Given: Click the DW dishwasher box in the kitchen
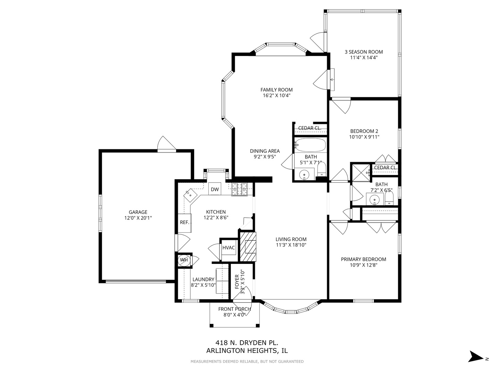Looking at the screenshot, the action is pyautogui.click(x=215, y=189).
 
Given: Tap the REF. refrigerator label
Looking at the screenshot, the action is pyautogui.click(x=184, y=223).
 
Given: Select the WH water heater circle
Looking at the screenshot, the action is pyautogui.click(x=183, y=260).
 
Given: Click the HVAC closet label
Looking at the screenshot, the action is pyautogui.click(x=228, y=248).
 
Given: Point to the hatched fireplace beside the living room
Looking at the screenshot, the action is pyautogui.click(x=248, y=247).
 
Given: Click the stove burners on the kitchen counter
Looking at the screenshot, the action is pyautogui.click(x=239, y=190).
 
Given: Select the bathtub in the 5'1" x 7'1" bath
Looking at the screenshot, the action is pyautogui.click(x=310, y=145).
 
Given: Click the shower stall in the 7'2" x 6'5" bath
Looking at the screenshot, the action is pyautogui.click(x=362, y=173).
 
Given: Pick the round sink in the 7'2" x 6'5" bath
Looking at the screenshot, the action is pyautogui.click(x=375, y=200).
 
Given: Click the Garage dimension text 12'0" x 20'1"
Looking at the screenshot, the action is pyautogui.click(x=138, y=218).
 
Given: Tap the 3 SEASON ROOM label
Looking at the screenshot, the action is pyautogui.click(x=364, y=52).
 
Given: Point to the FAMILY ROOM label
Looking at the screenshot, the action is pyautogui.click(x=276, y=90).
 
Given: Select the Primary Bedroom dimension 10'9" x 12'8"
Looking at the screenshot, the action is pyautogui.click(x=364, y=265).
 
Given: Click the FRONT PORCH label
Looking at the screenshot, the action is pyautogui.click(x=234, y=309).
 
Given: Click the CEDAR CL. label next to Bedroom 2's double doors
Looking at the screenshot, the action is pyautogui.click(x=386, y=168).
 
